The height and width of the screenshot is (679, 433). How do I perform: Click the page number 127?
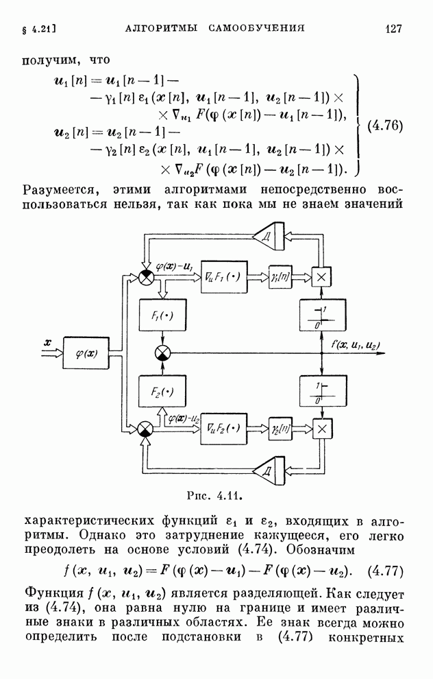393,28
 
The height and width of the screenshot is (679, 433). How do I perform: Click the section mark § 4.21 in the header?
34,29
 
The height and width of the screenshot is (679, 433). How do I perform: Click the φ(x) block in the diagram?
86,353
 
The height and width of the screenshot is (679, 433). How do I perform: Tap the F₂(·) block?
162,392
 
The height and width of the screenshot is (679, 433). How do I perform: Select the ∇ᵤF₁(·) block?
224,276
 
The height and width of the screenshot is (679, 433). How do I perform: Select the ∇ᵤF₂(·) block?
224,429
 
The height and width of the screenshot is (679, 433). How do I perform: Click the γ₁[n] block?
280,276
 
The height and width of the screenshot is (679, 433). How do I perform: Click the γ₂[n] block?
280,429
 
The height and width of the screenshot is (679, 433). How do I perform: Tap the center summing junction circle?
162,353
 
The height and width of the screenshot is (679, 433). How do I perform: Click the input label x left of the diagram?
47,341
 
